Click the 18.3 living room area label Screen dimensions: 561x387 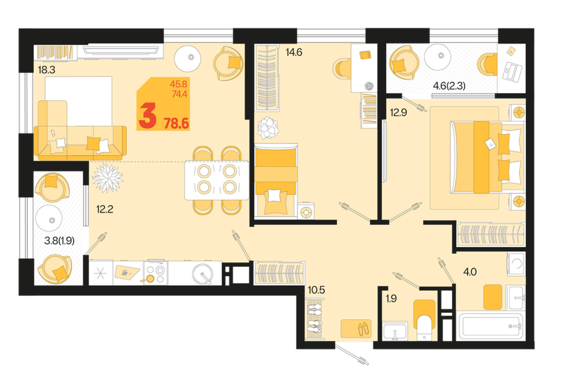click(47, 70)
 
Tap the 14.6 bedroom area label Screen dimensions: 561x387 click(294, 52)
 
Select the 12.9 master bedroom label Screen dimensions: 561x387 click(398, 113)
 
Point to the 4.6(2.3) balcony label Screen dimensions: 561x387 click(449, 86)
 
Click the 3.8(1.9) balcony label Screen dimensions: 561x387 click(59, 241)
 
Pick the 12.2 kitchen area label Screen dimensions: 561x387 click(104, 209)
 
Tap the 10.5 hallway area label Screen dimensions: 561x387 click(316, 290)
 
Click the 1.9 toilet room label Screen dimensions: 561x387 click(391, 298)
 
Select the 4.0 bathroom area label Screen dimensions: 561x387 click(470, 272)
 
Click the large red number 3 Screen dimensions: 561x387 click(147, 115)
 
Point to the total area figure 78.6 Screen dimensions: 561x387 click(176, 123)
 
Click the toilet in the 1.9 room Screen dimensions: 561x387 click(424, 320)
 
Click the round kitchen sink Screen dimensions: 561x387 click(203, 274)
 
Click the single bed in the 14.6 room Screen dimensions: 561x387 click(276, 181)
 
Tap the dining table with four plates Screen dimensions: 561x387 click(217, 180)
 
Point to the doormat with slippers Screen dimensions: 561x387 click(356, 329)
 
